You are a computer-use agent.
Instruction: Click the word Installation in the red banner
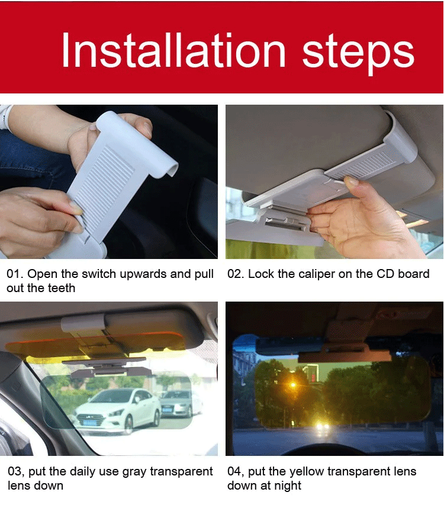[x=173, y=50]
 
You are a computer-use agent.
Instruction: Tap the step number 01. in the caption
[x=15, y=274]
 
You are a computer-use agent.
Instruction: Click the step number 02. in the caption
[x=236, y=274]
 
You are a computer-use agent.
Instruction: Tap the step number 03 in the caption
[x=15, y=471]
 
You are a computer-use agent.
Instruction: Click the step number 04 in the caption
[x=235, y=471]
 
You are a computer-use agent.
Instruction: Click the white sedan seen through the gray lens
[x=117, y=410]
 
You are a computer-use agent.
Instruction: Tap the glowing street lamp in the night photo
[x=292, y=385]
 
